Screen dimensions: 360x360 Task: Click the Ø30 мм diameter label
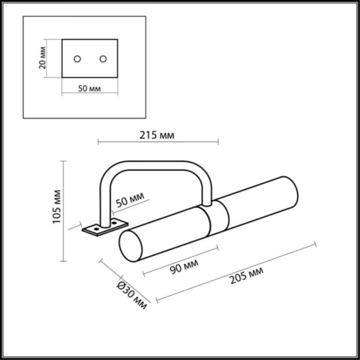(x=133, y=295)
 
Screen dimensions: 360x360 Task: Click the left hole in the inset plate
(x=77, y=58)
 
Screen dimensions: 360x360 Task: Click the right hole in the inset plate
(x=103, y=58)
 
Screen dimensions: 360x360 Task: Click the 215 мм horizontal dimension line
(x=158, y=143)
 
